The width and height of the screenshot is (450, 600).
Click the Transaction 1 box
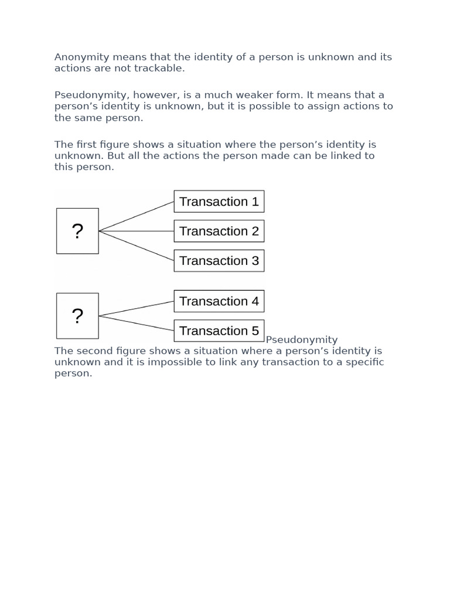tap(219, 202)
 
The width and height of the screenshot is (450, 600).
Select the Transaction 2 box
tap(219, 231)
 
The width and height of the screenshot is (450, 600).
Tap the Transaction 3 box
tap(219, 261)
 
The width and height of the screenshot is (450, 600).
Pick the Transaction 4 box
tap(219, 301)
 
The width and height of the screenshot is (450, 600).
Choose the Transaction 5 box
tap(219, 330)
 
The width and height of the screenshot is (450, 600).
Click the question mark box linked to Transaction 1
tap(77, 231)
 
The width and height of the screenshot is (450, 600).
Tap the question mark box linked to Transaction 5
tap(77, 316)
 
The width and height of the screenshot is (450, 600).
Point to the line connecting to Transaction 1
tap(137, 216)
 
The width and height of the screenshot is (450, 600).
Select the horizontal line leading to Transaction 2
tap(137, 231)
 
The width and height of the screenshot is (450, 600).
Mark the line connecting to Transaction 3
tap(137, 246)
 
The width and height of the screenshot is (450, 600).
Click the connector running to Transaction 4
tap(137, 309)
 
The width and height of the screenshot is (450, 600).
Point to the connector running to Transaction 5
tap(137, 323)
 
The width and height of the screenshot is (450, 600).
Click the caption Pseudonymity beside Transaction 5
tap(302, 340)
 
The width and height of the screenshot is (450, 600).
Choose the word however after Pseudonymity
tap(155, 95)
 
